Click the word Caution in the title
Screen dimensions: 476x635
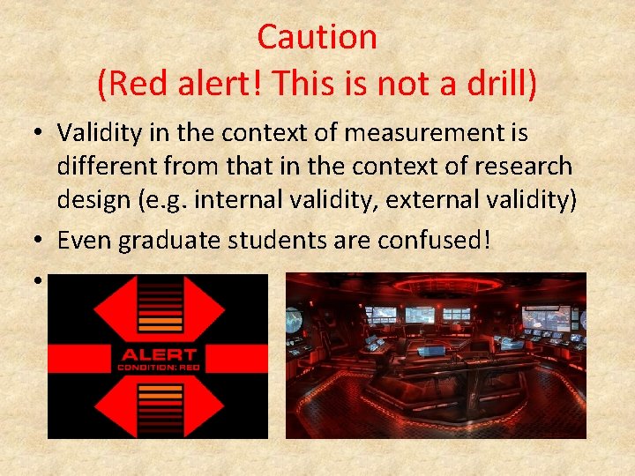pos(317,37)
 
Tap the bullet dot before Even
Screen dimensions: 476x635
pos(41,239)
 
